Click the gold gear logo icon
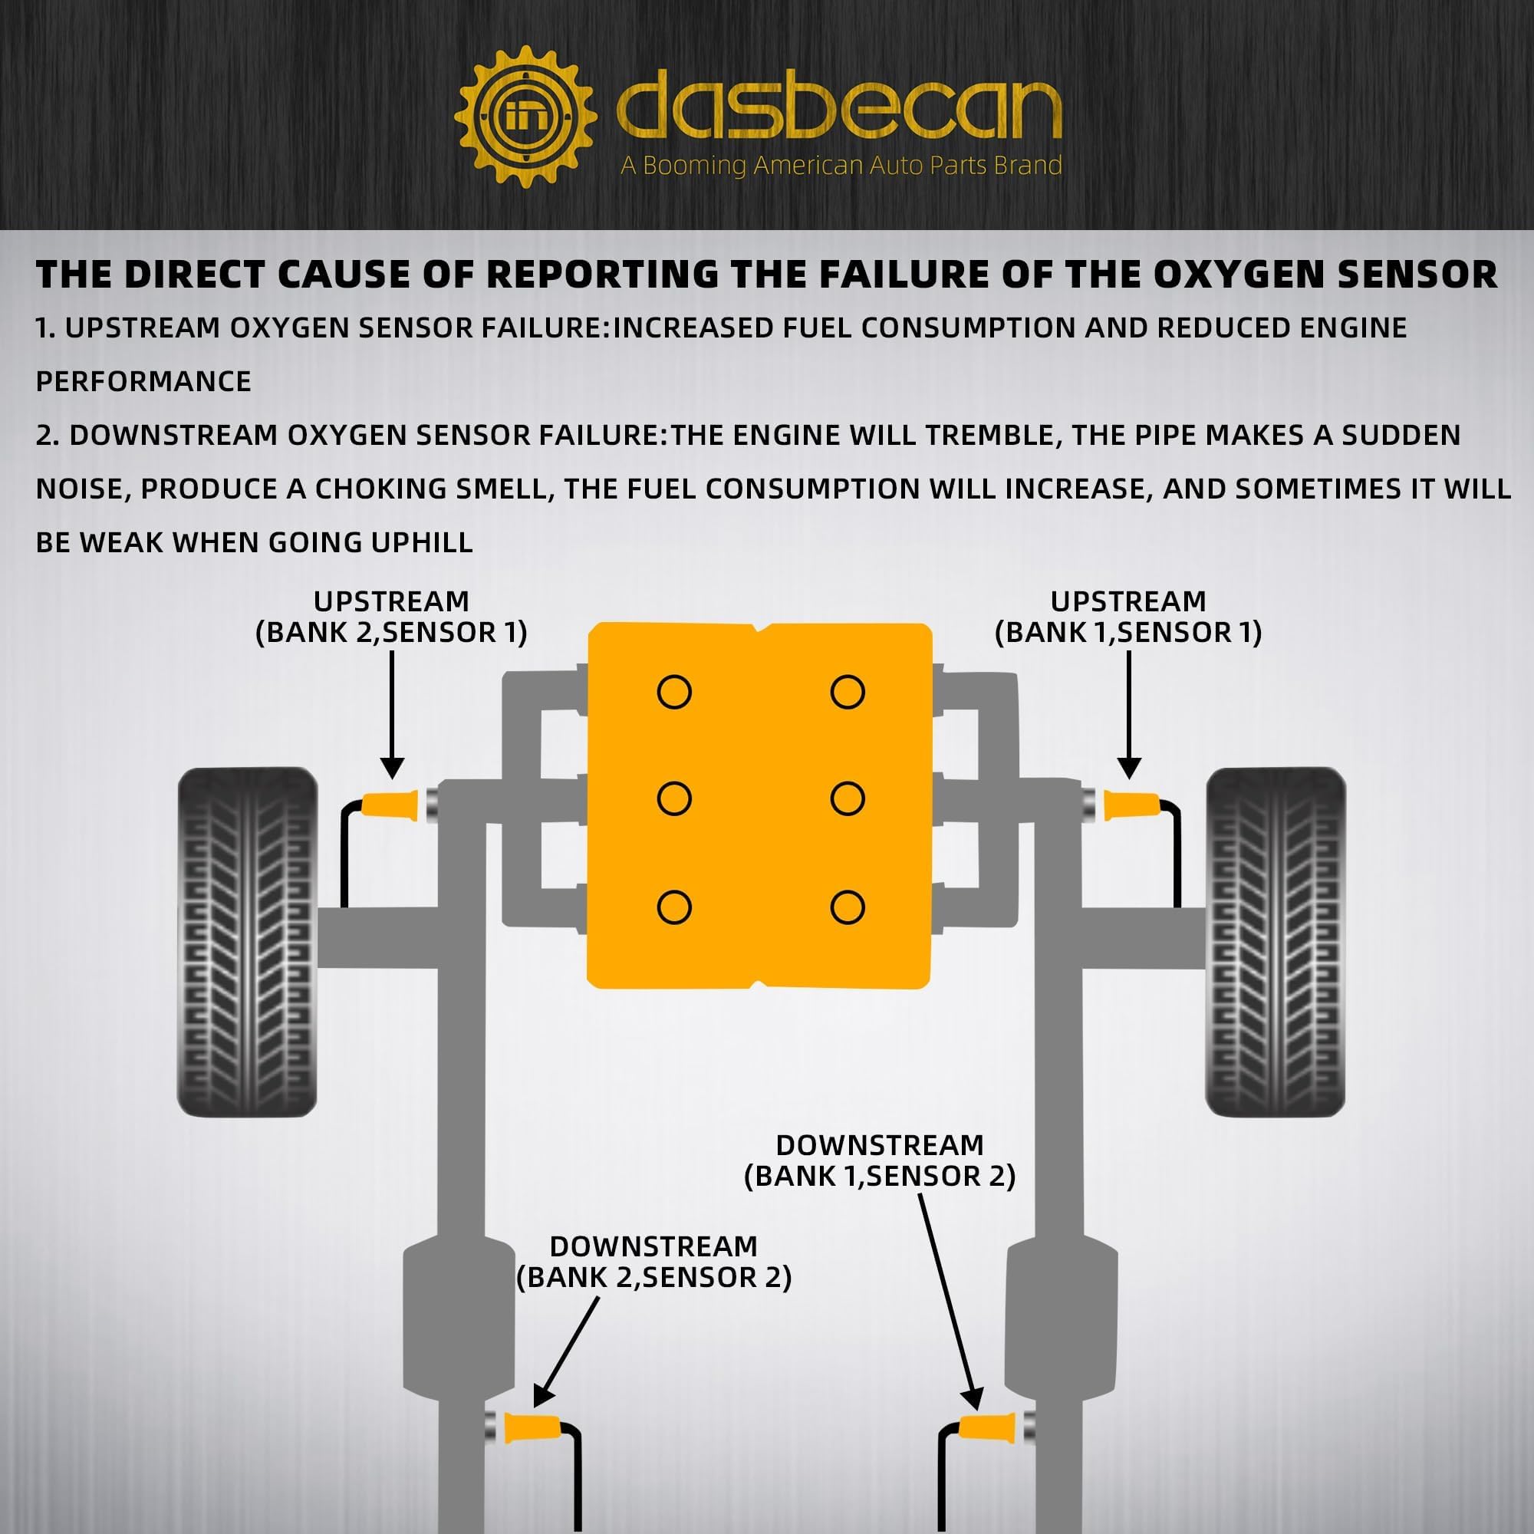click(525, 117)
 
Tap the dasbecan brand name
click(838, 111)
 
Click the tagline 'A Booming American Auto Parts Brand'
click(840, 165)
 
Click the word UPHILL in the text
click(422, 542)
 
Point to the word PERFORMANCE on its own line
click(143, 382)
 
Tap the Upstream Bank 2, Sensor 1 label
click(390, 617)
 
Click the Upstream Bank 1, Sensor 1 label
click(1127, 617)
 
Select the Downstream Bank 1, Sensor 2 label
click(880, 1160)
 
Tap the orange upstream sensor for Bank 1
click(1131, 805)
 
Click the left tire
click(247, 942)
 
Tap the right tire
click(1276, 942)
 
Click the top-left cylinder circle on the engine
click(674, 692)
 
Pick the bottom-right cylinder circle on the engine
click(848, 907)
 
